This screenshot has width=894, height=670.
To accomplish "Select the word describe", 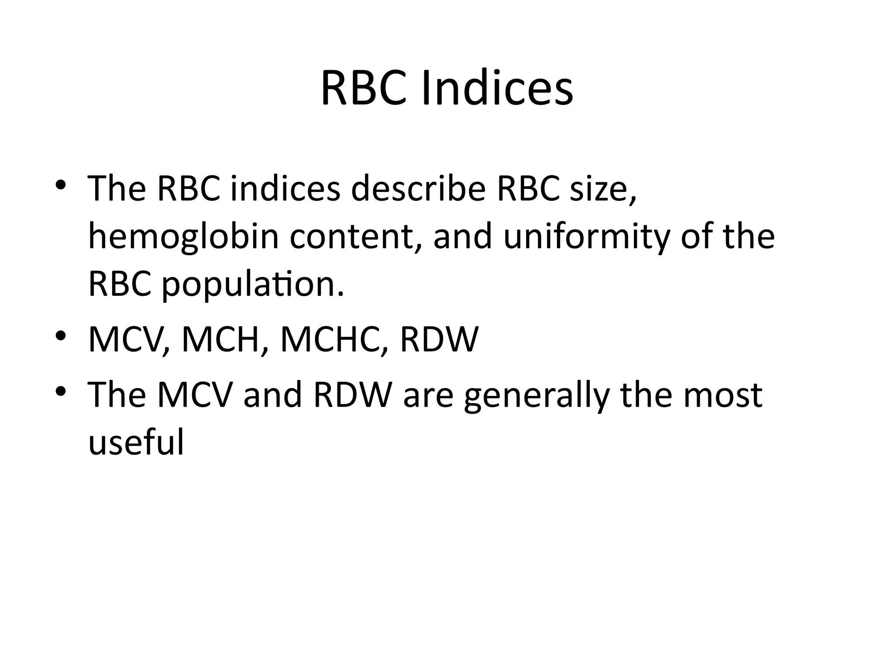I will point(418,189).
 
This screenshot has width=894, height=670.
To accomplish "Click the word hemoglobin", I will point(183,237).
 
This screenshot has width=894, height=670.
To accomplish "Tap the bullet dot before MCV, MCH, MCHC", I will point(61,335).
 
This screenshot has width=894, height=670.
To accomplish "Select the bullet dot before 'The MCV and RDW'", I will point(61,390).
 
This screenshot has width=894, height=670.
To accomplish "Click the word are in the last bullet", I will point(428,395).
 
